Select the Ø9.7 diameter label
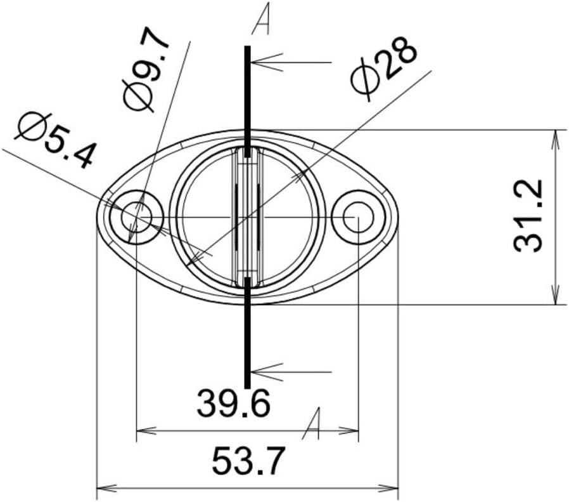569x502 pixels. tap(146, 70)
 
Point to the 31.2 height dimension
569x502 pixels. tap(529, 216)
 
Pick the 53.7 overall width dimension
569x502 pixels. tap(248, 461)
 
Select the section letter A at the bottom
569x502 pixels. tap(311, 425)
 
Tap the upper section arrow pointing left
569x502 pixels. tap(291, 62)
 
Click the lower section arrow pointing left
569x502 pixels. tap(291, 370)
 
